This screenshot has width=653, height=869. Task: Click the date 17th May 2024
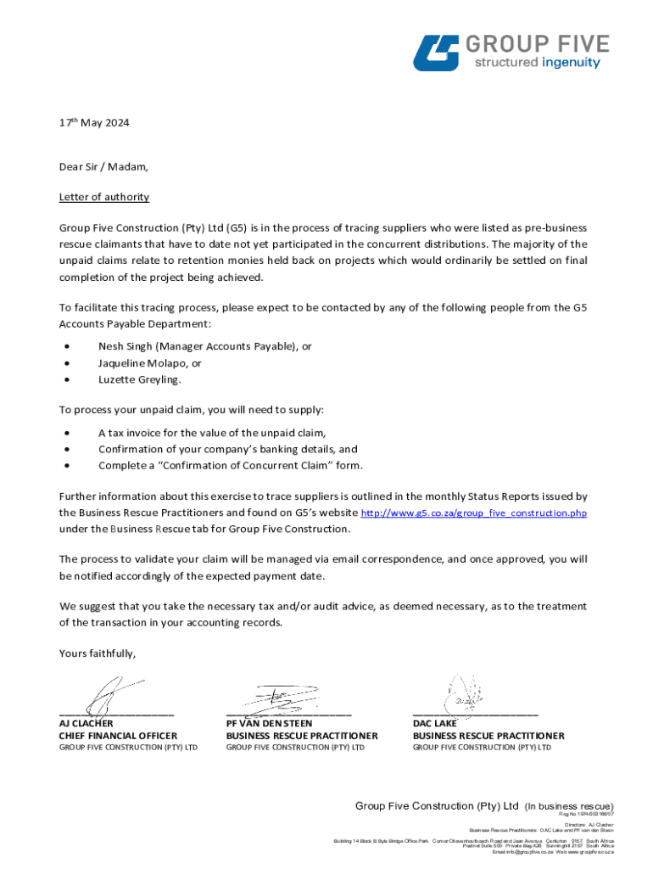pyautogui.click(x=94, y=122)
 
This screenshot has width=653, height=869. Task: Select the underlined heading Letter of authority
pyautogui.click(x=103, y=197)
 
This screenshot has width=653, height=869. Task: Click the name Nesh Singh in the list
pyautogui.click(x=125, y=346)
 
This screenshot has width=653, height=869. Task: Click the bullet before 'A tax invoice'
pyautogui.click(x=66, y=433)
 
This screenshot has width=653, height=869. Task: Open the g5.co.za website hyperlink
pyautogui.click(x=474, y=513)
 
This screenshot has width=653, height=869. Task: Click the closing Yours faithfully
pyautogui.click(x=97, y=653)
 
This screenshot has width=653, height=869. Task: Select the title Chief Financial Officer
pyautogui.click(x=118, y=736)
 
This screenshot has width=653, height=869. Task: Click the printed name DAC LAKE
pyautogui.click(x=434, y=723)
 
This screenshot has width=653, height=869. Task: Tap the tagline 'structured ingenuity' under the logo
pyautogui.click(x=536, y=63)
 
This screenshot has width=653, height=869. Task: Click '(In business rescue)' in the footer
pyautogui.click(x=568, y=806)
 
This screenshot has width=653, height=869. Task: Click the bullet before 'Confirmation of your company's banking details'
pyautogui.click(x=66, y=449)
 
